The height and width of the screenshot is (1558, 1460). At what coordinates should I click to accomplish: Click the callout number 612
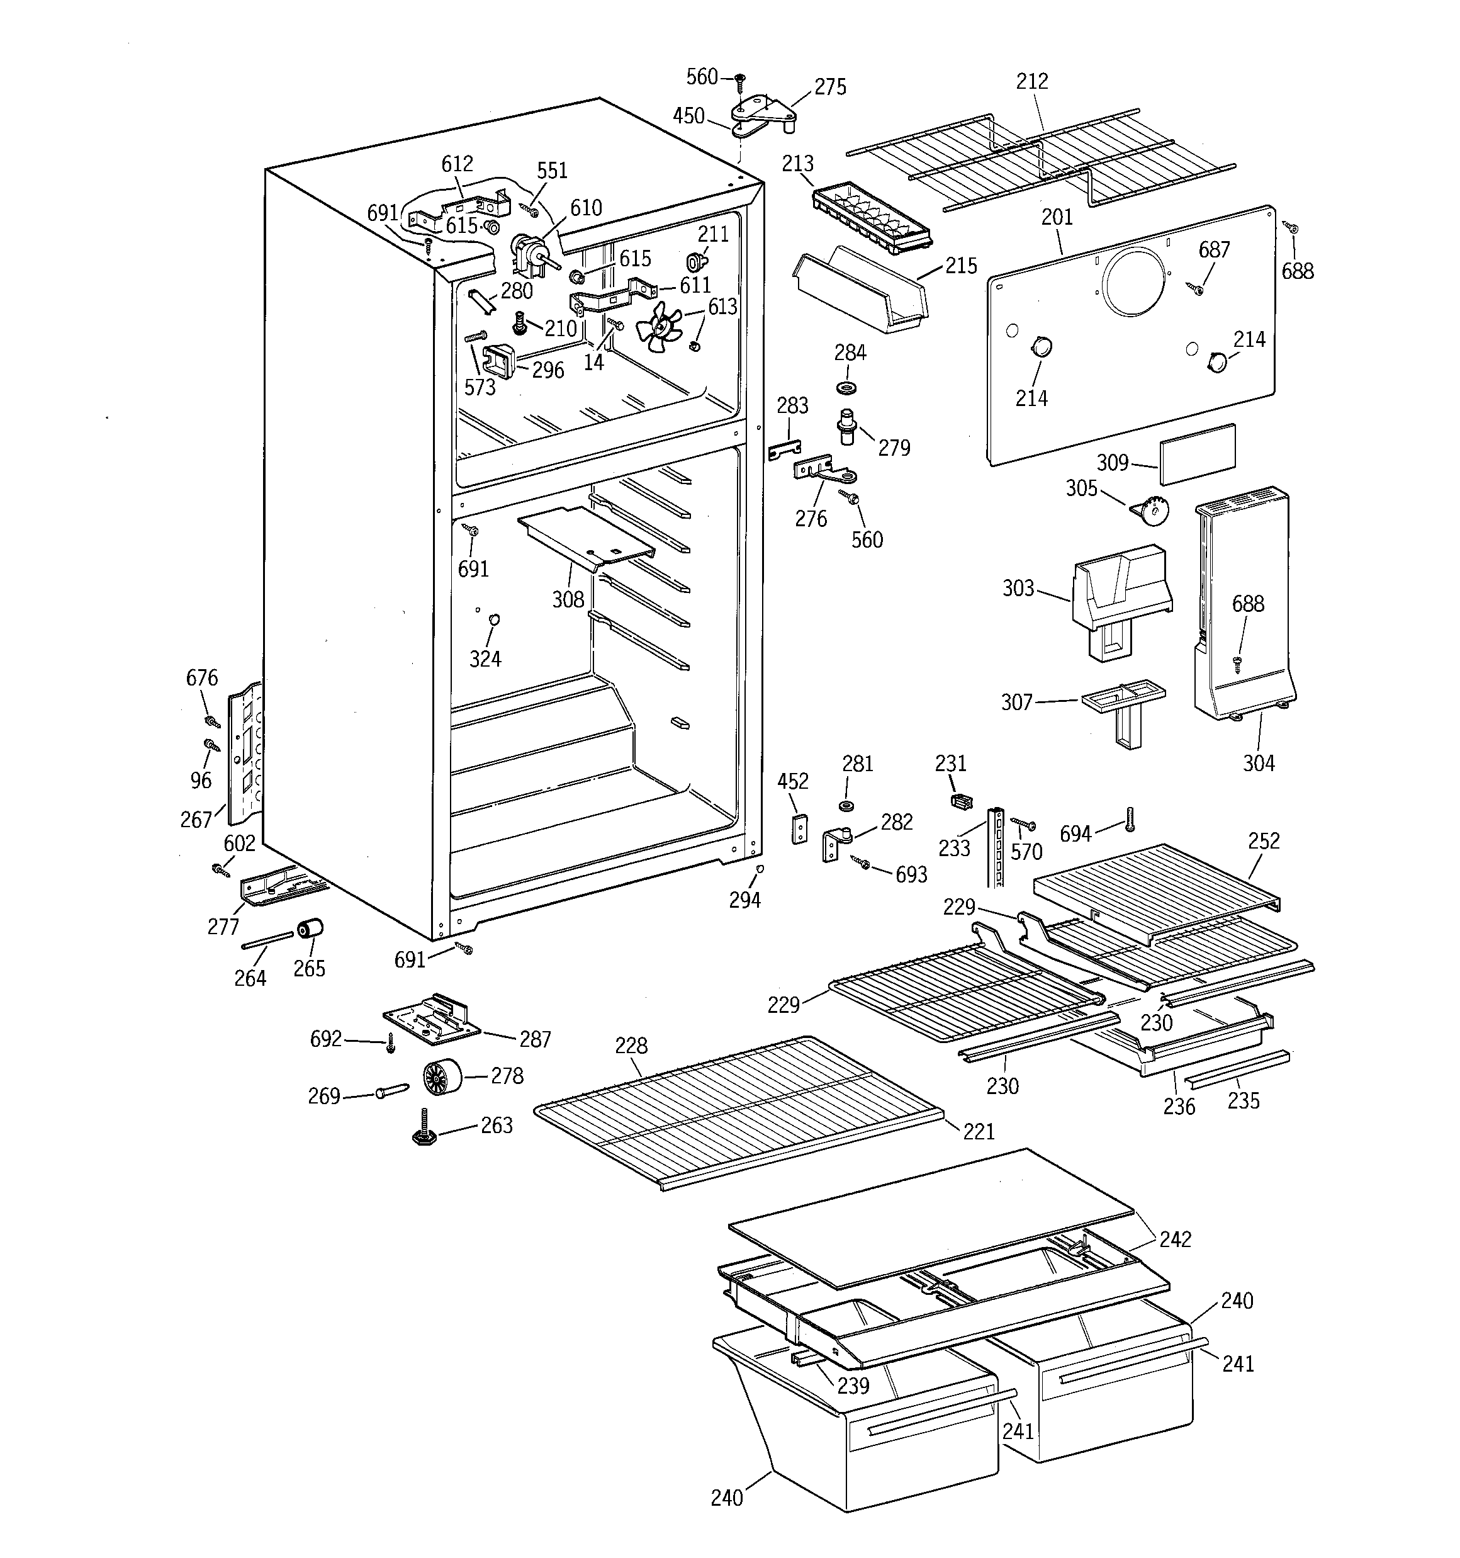(457, 164)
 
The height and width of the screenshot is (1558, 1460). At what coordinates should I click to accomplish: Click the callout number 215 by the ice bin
(961, 266)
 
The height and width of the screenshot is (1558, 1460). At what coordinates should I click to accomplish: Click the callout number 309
(1112, 463)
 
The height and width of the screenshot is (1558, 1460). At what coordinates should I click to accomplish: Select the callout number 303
(1018, 588)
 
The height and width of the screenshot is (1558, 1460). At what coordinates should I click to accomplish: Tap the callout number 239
(853, 1386)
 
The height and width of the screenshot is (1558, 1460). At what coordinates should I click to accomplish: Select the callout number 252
(1263, 841)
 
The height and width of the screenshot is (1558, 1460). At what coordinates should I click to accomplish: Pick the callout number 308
(568, 599)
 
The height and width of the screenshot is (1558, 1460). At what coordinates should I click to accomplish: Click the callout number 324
(485, 659)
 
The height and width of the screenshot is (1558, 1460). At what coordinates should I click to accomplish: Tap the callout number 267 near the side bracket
(196, 820)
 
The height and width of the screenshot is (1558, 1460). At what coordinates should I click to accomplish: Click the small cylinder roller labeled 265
(310, 930)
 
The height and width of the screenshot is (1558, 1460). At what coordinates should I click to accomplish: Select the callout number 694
(1075, 834)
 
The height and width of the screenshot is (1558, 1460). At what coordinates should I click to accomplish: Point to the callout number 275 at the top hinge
(830, 87)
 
